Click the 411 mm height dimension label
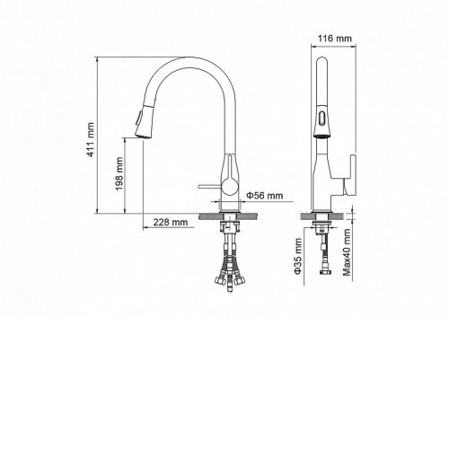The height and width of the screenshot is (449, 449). tap(91, 139)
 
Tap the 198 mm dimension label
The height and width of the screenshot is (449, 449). tap(119, 174)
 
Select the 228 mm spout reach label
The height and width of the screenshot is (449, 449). tap(171, 222)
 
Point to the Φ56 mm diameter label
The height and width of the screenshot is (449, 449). tap(265, 196)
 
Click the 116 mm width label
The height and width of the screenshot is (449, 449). tap(335, 39)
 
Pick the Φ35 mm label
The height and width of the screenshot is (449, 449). tap(297, 256)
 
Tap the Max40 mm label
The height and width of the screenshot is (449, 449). tap(347, 252)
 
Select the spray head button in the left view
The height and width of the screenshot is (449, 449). tap(138, 118)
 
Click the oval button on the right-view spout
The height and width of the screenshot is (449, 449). tap(321, 117)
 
